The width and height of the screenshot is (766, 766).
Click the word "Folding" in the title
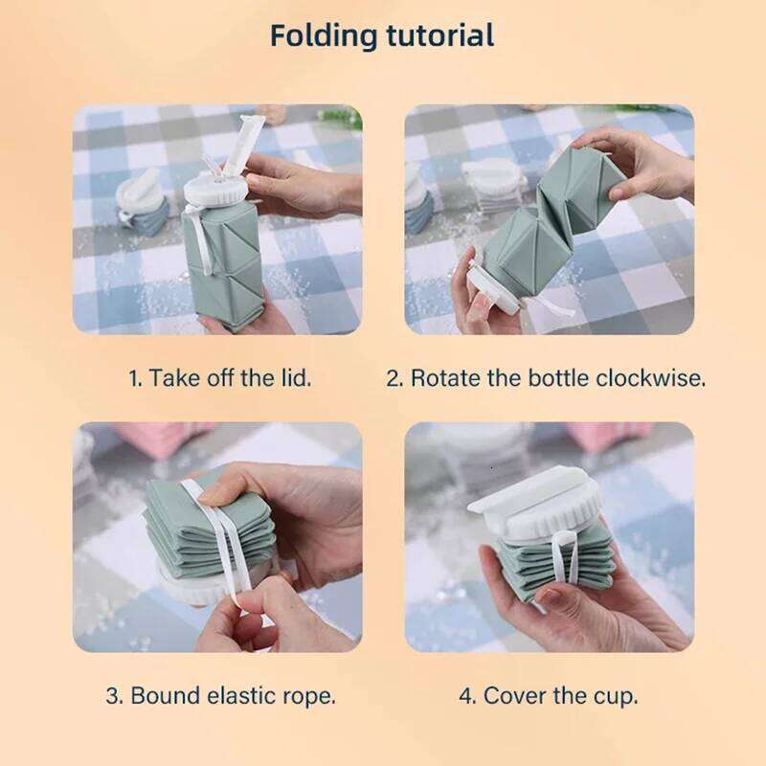[x=324, y=36]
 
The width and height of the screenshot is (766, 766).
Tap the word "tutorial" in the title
[x=440, y=35]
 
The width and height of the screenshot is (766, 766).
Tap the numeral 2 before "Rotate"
[x=394, y=378]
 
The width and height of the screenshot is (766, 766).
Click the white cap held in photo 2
[x=488, y=292]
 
